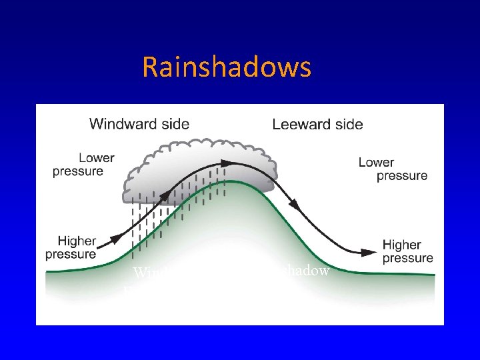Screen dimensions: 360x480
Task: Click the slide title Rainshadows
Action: point(226,67)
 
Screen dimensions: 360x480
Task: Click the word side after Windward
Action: point(175,124)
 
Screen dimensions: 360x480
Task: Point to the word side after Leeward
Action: point(349,124)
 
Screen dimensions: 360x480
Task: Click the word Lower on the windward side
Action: point(97,159)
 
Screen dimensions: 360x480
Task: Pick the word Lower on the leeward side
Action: point(376,163)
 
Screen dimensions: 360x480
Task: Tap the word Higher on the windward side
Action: point(77,241)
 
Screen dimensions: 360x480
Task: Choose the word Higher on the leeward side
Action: point(402,245)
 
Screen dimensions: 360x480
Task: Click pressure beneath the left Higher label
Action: point(71,254)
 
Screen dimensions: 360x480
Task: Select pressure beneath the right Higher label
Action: point(408,258)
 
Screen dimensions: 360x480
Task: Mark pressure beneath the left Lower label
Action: point(79,171)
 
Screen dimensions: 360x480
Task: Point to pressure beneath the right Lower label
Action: point(402,176)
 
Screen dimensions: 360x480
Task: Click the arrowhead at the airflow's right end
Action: point(369,253)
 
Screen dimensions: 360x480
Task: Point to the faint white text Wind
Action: point(145,273)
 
